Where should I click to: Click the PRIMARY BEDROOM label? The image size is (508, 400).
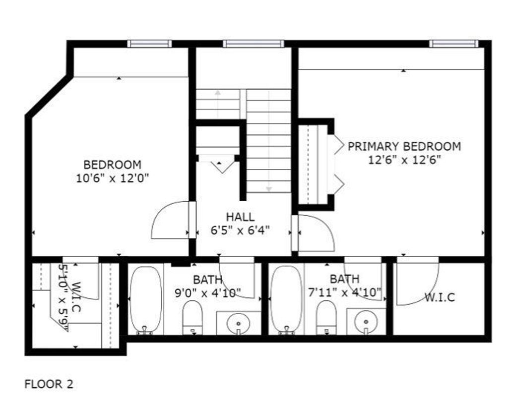pyautogui.click(x=404, y=146)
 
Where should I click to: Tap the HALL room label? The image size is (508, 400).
pyautogui.click(x=241, y=217)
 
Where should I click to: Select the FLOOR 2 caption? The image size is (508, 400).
pyautogui.click(x=49, y=384)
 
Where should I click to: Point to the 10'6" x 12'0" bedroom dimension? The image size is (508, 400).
pyautogui.click(x=113, y=178)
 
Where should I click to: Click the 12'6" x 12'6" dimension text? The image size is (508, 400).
pyautogui.click(x=405, y=160)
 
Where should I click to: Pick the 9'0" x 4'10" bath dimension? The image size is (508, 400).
pyautogui.click(x=208, y=293)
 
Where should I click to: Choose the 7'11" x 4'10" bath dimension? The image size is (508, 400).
pyautogui.click(x=344, y=292)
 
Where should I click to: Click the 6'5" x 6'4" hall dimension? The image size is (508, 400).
pyautogui.click(x=240, y=230)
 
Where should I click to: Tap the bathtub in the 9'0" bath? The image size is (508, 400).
pyautogui.click(x=145, y=300)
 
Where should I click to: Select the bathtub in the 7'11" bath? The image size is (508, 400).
pyautogui.click(x=286, y=300)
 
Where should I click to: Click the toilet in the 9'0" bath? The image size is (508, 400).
pyautogui.click(x=192, y=318)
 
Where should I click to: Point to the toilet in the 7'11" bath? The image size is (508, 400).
pyautogui.click(x=326, y=318)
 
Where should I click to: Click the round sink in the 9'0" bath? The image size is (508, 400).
pyautogui.click(x=239, y=323)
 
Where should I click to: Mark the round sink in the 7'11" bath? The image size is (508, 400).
pyautogui.click(x=366, y=322)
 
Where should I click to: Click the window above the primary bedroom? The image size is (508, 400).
pyautogui.click(x=453, y=43)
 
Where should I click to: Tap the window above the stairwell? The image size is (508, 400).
pyautogui.click(x=254, y=43)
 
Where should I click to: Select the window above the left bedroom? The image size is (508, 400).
pyautogui.click(x=149, y=43)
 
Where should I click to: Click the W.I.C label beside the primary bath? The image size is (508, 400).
pyautogui.click(x=440, y=297)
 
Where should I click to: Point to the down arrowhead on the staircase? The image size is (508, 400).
pyautogui.click(x=268, y=189)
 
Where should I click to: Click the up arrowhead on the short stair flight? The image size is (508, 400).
pyautogui.click(x=218, y=93)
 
